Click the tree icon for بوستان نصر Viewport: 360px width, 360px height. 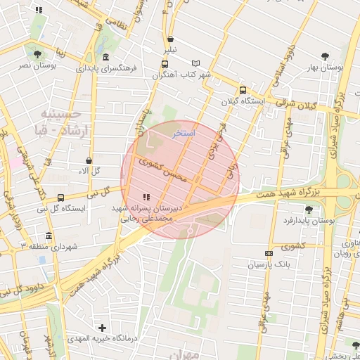37,54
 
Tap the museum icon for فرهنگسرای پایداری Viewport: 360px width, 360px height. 105,57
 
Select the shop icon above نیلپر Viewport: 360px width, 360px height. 172,39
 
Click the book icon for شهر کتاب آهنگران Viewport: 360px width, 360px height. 195,63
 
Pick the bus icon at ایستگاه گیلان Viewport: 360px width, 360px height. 243,90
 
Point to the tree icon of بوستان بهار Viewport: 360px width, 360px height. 324,56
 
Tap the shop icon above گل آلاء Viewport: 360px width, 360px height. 88,160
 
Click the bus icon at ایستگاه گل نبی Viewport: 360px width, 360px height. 60,198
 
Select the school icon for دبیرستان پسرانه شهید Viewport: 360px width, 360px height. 146,198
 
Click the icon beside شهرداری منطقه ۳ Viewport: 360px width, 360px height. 48,236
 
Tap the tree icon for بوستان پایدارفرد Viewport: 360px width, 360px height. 309,209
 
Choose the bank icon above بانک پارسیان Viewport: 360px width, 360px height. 268,253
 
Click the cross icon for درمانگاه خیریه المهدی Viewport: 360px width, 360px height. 103,328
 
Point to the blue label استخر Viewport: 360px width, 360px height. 184,133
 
